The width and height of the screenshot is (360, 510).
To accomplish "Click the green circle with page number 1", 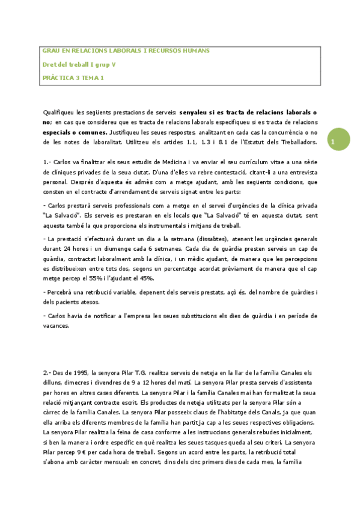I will [x=332, y=141].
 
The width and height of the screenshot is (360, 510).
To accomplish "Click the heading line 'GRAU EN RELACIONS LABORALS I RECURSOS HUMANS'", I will [x=126, y=51].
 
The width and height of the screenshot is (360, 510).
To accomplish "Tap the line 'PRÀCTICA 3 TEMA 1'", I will [x=73, y=77].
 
